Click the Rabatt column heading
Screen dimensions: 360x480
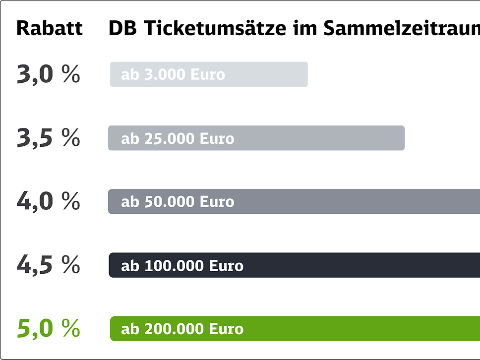click(x=49, y=28)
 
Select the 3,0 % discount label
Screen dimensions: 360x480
click(x=48, y=74)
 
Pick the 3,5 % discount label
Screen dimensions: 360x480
click(x=48, y=138)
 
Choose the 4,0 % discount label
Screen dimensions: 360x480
click(x=48, y=201)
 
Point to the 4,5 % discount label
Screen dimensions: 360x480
click(x=48, y=265)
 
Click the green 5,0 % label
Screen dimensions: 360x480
click(x=48, y=328)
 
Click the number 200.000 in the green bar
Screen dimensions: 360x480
click(x=174, y=329)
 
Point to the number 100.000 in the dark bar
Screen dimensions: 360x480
click(x=174, y=265)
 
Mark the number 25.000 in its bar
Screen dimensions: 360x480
click(x=170, y=138)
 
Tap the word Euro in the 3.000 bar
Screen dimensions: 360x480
click(x=208, y=75)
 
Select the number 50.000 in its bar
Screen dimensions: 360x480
click(x=170, y=202)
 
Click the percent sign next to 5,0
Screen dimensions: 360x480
click(x=71, y=328)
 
